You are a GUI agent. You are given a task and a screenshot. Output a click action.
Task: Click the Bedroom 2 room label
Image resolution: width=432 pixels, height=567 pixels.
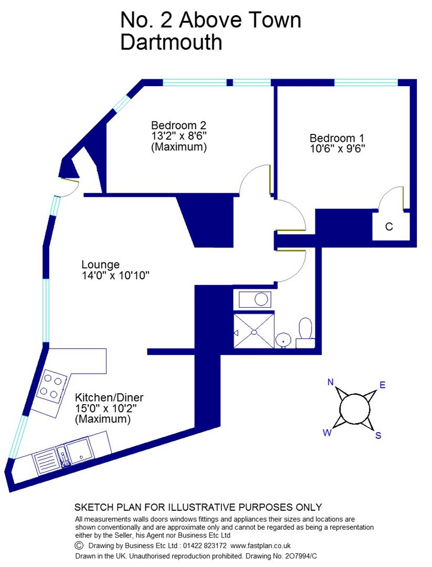coord(178,125)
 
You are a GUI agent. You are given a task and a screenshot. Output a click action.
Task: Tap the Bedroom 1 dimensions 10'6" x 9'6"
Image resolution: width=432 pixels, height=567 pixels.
coord(337,148)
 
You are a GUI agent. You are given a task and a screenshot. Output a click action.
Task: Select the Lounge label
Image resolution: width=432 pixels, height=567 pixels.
coord(100,264)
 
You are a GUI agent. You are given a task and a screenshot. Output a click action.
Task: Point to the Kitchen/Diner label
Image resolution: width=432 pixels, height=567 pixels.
coord(109,397)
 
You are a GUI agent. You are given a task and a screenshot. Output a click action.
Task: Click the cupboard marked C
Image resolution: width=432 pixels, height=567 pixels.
coord(389,227)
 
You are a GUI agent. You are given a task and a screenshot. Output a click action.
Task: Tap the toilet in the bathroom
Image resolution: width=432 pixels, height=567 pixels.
coord(305,331)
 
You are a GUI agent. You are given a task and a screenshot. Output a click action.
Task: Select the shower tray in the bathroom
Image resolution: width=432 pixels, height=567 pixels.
coord(254,330)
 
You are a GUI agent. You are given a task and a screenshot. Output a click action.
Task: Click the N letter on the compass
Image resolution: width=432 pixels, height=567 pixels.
coord(331,382)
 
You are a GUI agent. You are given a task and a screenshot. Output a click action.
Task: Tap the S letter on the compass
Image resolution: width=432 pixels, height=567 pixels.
coord(378,435)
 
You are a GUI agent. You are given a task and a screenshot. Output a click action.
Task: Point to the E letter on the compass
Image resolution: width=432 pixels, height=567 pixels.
coord(383,385)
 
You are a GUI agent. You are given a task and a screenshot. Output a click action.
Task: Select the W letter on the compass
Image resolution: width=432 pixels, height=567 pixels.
coord(326,433)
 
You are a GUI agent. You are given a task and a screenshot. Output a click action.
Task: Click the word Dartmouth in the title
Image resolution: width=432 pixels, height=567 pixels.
coord(171,42)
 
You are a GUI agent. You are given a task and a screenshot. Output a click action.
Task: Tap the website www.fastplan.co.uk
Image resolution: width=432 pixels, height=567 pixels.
coord(260,545)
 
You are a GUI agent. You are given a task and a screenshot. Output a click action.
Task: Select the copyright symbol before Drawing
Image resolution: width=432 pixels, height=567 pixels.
coord(79,545)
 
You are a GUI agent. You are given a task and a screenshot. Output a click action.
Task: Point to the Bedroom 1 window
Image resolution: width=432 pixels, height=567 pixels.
coord(366,82)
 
